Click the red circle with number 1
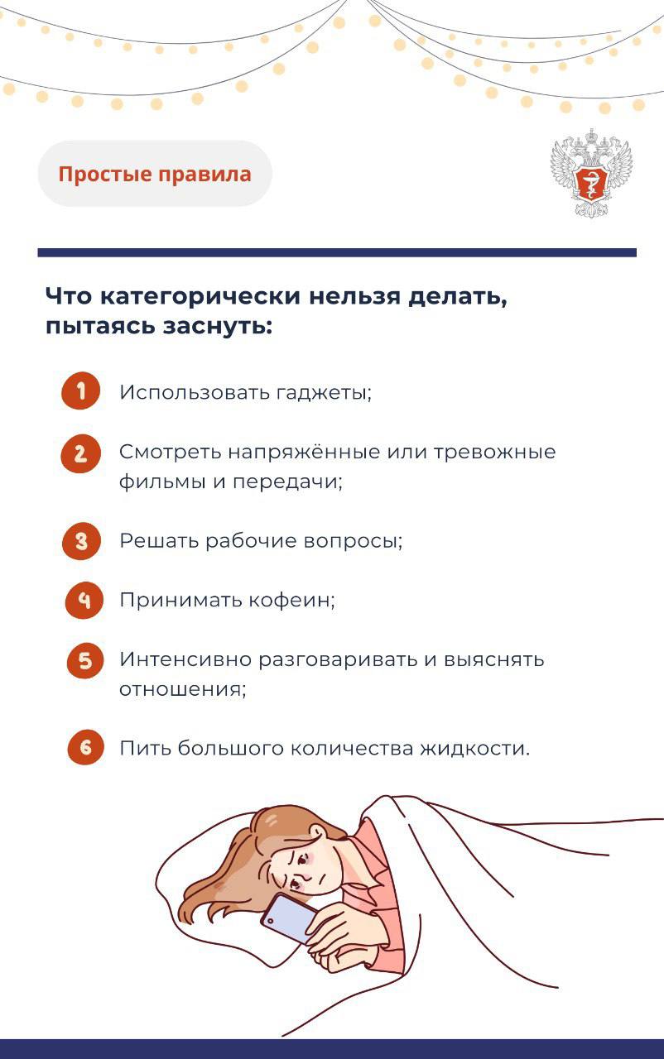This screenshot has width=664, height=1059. [81, 391]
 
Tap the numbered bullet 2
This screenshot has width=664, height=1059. [81, 453]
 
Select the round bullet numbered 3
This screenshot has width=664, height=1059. [81, 541]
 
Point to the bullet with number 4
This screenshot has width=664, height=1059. [84, 601]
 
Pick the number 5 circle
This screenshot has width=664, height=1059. [85, 660]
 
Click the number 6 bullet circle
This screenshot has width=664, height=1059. [85, 747]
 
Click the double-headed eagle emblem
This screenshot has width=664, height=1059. [592, 173]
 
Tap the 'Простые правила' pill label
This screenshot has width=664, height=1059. [155, 174]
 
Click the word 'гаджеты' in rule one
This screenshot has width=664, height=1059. [324, 392]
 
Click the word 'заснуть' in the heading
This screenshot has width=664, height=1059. [218, 326]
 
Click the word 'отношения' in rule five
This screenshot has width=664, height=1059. [182, 689]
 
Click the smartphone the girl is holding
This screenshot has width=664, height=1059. [289, 918]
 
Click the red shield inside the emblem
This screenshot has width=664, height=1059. [591, 182]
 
